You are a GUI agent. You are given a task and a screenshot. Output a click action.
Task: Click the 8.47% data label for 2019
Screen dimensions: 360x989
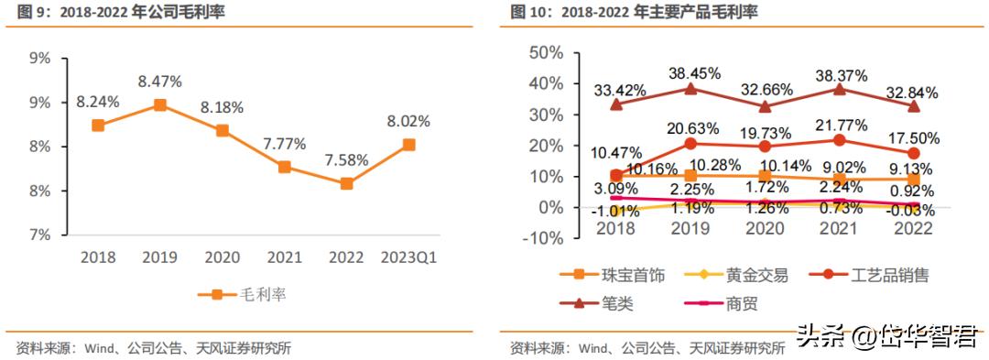click(159, 82)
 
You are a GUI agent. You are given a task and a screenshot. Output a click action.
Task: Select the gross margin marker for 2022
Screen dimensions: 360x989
click(346, 183)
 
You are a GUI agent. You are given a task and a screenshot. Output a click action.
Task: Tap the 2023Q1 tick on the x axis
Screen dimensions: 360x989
click(408, 258)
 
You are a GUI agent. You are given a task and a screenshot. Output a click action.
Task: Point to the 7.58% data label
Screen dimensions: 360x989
click(346, 159)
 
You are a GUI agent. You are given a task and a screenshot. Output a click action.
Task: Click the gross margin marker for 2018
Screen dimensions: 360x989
click(97, 125)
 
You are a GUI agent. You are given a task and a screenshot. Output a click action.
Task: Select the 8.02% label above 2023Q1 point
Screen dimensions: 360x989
click(408, 121)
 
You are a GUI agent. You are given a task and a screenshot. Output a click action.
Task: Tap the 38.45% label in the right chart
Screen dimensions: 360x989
click(693, 72)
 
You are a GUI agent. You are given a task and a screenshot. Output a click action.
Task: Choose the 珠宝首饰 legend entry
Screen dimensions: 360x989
click(610, 275)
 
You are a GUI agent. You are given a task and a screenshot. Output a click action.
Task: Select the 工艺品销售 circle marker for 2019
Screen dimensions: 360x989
click(691, 144)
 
